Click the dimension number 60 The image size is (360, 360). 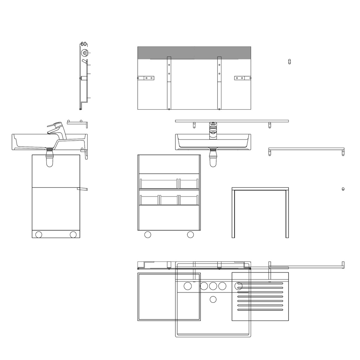(84, 44)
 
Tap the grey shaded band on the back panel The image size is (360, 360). (194, 53)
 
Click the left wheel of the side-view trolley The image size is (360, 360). (39, 234)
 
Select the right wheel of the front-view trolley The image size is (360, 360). (190, 234)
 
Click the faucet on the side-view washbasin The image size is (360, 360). (57, 130)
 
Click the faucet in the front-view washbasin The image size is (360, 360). (213, 131)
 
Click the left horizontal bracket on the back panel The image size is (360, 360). (146, 78)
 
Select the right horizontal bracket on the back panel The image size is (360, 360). (243, 78)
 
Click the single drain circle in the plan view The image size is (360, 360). (213, 300)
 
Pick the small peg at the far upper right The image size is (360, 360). (290, 62)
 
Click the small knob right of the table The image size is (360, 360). (343, 189)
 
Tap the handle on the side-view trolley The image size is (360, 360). (82, 189)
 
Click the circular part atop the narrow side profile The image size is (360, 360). (85, 53)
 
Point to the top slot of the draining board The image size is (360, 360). (260, 284)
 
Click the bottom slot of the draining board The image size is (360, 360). (260, 310)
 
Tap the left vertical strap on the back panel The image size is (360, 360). (169, 83)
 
